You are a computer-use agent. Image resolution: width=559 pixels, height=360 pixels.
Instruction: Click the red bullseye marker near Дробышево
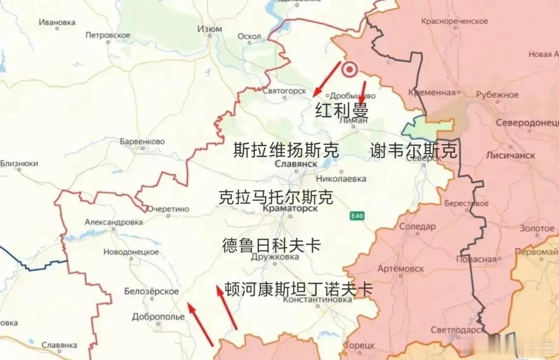[350, 70]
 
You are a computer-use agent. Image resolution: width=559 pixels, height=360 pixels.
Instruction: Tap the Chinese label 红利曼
[342, 110]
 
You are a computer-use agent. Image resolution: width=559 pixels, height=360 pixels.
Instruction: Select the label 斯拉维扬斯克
[286, 150]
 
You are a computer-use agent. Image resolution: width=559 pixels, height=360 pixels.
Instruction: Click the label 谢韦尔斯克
[413, 151]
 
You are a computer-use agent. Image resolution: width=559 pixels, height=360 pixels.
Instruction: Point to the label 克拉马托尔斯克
[276, 197]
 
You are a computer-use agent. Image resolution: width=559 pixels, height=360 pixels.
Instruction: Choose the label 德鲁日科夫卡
[272, 245]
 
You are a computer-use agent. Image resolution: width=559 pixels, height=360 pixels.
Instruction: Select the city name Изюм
[210, 29]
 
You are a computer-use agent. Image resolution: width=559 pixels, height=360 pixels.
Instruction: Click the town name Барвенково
[142, 141]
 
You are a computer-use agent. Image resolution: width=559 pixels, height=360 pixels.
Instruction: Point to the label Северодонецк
[527, 123]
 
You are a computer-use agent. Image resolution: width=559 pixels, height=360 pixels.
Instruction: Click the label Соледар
[417, 227]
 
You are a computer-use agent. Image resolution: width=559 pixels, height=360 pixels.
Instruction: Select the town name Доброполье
[158, 317]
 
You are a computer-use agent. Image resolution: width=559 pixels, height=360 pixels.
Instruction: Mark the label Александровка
[114, 222]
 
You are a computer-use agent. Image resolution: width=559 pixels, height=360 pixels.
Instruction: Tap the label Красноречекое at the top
[455, 22]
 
